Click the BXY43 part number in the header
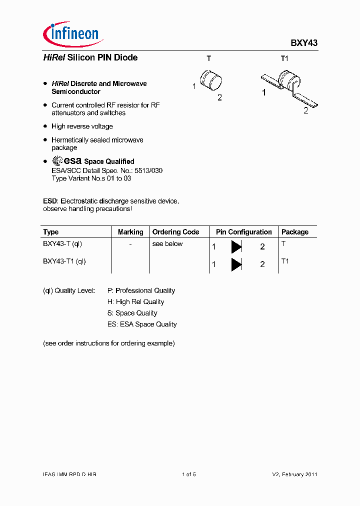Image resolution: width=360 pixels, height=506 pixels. [304, 43]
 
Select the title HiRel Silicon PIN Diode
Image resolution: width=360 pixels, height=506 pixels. [90, 57]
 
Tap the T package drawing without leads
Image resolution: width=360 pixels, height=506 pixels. [211, 81]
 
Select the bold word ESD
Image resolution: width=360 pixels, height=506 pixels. [50, 201]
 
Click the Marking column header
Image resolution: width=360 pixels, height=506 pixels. [130, 232]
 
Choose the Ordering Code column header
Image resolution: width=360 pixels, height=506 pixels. [175, 232]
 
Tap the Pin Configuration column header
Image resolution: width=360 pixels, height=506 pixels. [244, 232]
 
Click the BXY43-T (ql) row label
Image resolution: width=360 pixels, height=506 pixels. [62, 244]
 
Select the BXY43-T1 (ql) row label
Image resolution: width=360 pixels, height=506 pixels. [64, 261]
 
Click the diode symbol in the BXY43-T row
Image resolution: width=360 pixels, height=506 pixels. [236, 246]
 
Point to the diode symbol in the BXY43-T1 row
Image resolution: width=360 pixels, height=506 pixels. [236, 264]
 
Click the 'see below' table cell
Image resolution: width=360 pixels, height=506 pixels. [167, 244]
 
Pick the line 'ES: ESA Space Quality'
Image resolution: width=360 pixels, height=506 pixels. [142, 324]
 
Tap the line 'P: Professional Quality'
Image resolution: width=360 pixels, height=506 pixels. [141, 290]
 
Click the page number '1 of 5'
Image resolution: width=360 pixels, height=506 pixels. [188, 474]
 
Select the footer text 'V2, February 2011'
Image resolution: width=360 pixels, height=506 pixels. [294, 474]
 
